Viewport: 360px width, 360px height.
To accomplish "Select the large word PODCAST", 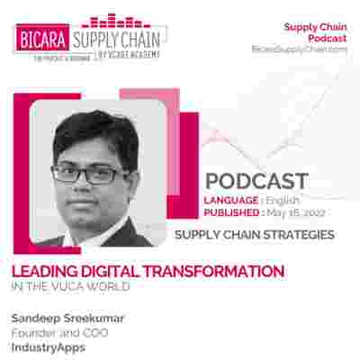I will coord(256,181).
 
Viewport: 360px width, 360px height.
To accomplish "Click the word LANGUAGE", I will coord(235,199).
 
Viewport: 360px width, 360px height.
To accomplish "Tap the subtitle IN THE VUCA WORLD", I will coord(70,286).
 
